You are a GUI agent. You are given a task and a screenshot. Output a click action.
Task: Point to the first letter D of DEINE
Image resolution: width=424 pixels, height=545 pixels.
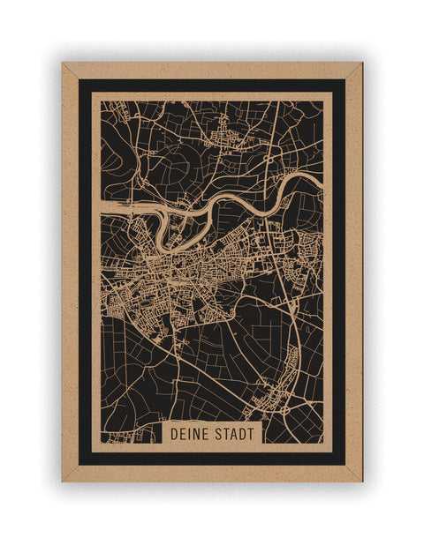tap(174, 434)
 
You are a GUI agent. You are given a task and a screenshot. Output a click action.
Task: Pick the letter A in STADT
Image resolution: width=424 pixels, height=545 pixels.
tap(232, 434)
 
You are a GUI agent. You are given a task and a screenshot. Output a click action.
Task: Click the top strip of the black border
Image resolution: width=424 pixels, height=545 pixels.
tap(212, 86)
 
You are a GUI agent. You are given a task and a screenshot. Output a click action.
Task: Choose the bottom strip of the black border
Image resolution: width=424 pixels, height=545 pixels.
tap(212, 459)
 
